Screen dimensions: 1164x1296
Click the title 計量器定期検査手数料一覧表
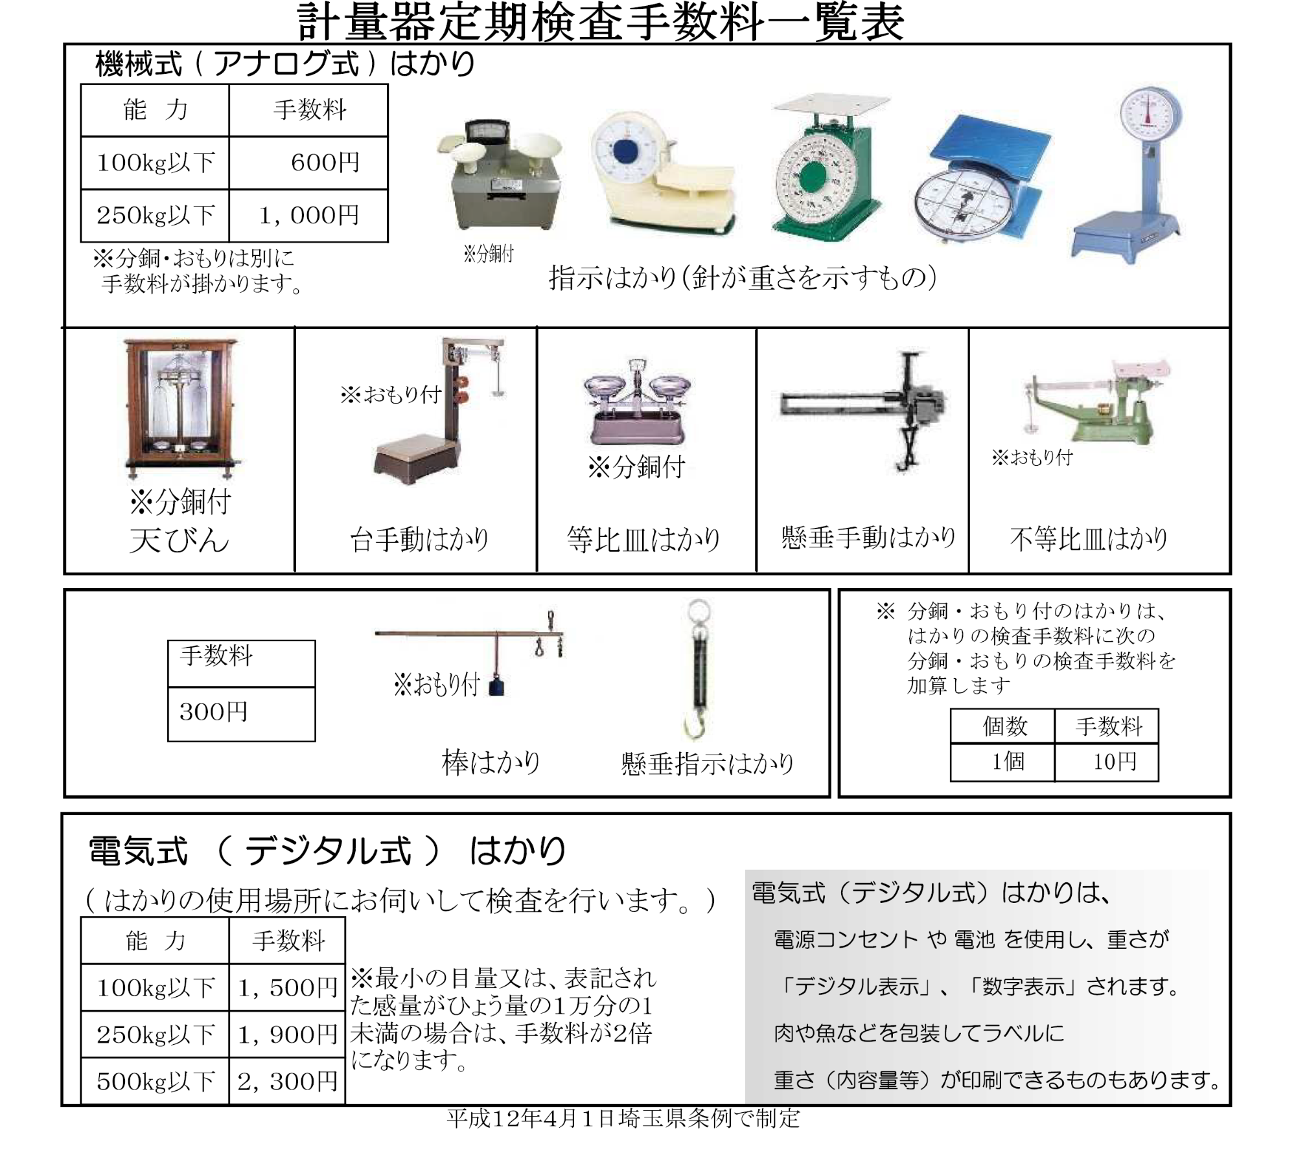tap(600, 22)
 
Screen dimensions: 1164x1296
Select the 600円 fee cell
tap(309, 163)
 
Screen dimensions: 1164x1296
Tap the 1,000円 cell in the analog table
tap(309, 216)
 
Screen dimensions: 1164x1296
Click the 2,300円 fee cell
tap(287, 1081)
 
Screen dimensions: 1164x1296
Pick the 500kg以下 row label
tap(155, 1081)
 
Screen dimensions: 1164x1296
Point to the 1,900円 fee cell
tap(287, 1034)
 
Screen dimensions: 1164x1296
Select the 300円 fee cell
tap(241, 713)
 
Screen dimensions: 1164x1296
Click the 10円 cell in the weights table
tap(1107, 762)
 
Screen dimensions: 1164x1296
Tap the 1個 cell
tap(1002, 762)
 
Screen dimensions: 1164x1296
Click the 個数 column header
tap(1002, 726)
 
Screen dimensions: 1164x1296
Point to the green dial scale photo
tap(824, 168)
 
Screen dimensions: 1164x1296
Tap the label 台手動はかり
tap(419, 540)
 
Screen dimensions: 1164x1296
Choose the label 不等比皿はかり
tap(1089, 539)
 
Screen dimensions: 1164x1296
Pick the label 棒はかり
tap(491, 762)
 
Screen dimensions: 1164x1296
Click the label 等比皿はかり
tap(643, 540)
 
